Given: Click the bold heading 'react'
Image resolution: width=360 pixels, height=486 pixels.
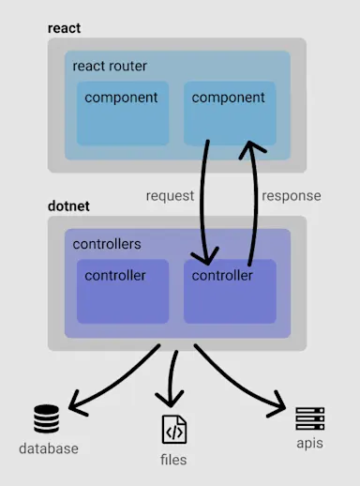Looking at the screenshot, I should point(65,28).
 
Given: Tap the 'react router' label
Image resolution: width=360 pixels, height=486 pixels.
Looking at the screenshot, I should point(110,67).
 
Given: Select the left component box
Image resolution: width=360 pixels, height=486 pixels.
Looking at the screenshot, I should point(123,113).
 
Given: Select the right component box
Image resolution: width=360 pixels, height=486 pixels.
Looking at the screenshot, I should point(230,113).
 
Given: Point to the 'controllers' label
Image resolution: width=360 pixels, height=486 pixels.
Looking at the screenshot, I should point(107,244).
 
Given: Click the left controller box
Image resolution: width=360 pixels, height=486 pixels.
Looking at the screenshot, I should point(123,291).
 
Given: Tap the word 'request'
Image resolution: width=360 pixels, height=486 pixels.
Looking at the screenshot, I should point(170,196).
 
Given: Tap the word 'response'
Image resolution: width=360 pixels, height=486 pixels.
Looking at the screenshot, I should point(291,196).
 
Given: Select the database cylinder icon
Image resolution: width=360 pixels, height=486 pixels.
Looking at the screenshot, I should point(46,418).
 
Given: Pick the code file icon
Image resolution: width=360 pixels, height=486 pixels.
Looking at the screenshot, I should point(173,429).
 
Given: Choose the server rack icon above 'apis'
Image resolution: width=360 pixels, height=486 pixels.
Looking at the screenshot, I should point(308,418).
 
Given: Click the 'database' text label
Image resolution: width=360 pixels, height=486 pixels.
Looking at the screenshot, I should point(49,448).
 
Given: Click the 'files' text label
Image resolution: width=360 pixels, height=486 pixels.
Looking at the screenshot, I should point(173,460).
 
